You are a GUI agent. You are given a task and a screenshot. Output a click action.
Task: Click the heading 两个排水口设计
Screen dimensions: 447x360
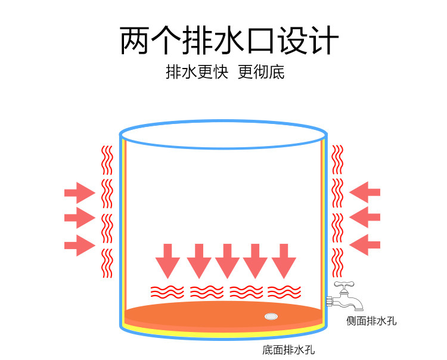229,41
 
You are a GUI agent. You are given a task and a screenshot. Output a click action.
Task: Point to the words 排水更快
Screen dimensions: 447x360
197,73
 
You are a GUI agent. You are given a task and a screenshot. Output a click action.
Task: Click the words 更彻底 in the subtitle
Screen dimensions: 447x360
261,73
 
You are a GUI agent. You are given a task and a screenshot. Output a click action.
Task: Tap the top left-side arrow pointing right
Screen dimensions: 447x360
79,193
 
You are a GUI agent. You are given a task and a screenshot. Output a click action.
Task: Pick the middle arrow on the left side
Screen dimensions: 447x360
79,218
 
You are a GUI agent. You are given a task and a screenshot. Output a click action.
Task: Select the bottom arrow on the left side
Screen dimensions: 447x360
79,244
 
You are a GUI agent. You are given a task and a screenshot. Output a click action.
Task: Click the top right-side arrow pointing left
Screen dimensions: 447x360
365,192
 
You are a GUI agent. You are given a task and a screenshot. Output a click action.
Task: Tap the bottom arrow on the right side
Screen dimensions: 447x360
365,244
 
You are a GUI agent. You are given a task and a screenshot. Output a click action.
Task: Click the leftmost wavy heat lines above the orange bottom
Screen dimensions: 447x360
167,292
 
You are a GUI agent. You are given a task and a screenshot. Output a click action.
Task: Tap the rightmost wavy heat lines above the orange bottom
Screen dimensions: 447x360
284,292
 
